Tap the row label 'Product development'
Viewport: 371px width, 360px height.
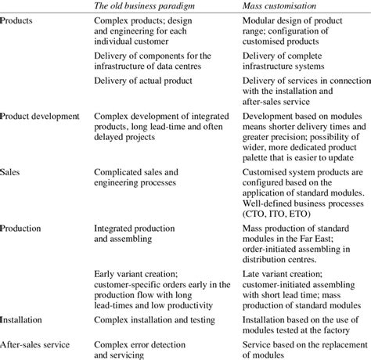41,115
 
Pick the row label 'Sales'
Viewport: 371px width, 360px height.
13,170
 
